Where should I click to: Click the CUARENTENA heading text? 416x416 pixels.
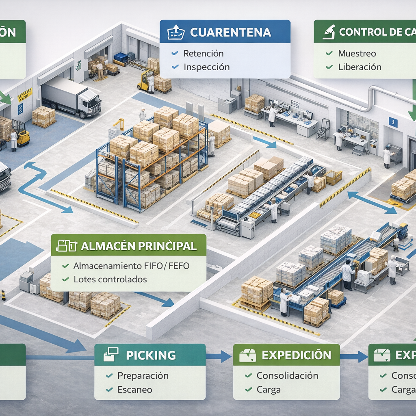[x=230, y=32]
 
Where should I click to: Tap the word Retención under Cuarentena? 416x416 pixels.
[x=204, y=53]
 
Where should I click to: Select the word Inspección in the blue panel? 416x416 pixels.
[x=206, y=67]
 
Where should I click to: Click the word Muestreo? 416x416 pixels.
[x=357, y=53]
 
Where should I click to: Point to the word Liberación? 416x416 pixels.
[x=360, y=67]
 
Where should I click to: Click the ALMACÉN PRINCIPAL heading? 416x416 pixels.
[x=139, y=246]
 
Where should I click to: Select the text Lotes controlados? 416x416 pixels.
[x=110, y=279]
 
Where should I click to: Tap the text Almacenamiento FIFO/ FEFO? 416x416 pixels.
[x=131, y=266]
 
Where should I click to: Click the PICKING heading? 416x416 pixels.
[x=151, y=355]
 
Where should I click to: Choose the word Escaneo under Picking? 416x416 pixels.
[x=134, y=390]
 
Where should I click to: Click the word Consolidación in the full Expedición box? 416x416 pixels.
[x=287, y=375]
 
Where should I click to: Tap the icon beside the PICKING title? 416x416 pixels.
[x=111, y=355]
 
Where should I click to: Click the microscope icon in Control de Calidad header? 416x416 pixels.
[x=328, y=32]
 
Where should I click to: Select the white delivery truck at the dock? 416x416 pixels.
[x=71, y=97]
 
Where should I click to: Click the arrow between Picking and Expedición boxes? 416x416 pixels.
[x=219, y=357]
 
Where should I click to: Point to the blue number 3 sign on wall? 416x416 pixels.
[x=393, y=121]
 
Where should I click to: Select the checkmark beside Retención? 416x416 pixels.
[x=175, y=53]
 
